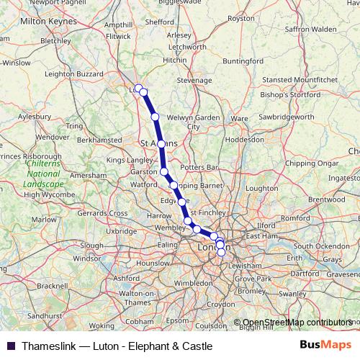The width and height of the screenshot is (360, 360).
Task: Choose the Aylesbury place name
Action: coord(34,115)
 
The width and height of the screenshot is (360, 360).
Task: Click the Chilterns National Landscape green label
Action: coord(42,174)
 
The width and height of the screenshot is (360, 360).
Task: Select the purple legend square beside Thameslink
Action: coord(11,346)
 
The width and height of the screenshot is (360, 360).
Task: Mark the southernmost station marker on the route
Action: coord(221,252)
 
